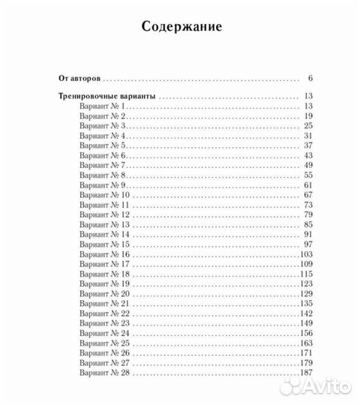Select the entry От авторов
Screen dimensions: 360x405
point(79,77)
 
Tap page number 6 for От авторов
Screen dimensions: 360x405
point(309,77)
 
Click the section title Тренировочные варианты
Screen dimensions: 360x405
point(108,96)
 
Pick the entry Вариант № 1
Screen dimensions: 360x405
point(103,106)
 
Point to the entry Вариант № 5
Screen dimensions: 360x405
point(103,145)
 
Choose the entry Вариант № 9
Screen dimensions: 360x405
point(103,184)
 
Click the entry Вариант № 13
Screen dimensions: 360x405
point(105,224)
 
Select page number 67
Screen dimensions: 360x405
point(307,194)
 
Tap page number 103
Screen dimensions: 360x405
point(304,253)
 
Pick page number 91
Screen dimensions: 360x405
point(307,234)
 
